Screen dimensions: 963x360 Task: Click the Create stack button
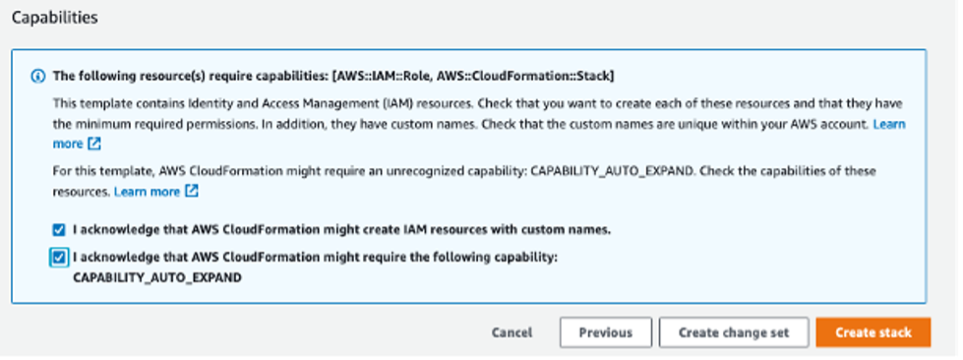click(x=873, y=332)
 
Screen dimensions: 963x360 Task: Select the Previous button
click(x=605, y=332)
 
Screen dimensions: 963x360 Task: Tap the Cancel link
click(x=512, y=332)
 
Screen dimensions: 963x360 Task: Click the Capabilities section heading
click(x=54, y=18)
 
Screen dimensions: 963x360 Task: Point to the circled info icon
click(x=38, y=75)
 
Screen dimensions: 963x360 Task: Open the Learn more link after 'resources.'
click(x=147, y=191)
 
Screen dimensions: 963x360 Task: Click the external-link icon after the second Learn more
click(x=191, y=191)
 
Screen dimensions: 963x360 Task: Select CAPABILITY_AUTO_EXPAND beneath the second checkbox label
click(x=157, y=278)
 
